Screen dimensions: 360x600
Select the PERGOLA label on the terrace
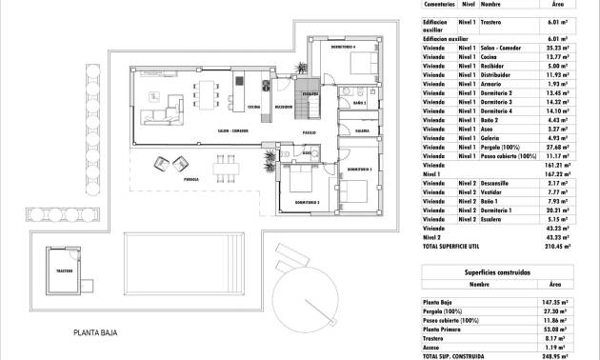[x=191, y=178]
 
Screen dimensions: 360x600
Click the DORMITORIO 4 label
[x=343, y=47]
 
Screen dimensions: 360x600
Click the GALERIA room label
[x=362, y=130]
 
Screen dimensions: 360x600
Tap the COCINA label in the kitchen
[x=253, y=108]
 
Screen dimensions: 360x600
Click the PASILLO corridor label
[x=310, y=131]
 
